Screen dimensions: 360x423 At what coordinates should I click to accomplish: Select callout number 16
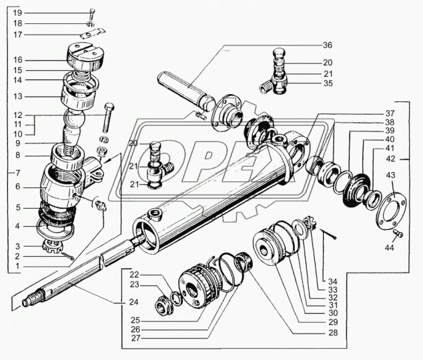pyautogui.click(x=17, y=59)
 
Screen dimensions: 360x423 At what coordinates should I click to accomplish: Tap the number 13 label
pyautogui.click(x=17, y=97)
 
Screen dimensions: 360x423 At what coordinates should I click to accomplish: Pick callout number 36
pyautogui.click(x=328, y=45)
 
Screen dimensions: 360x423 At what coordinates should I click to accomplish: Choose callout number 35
pyautogui.click(x=328, y=84)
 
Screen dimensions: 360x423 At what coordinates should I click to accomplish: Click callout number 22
pyautogui.click(x=135, y=275)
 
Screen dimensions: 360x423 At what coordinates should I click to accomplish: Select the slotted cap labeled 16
pyautogui.click(x=87, y=56)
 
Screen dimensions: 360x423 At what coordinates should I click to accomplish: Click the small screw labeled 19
pyautogui.click(x=91, y=15)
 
